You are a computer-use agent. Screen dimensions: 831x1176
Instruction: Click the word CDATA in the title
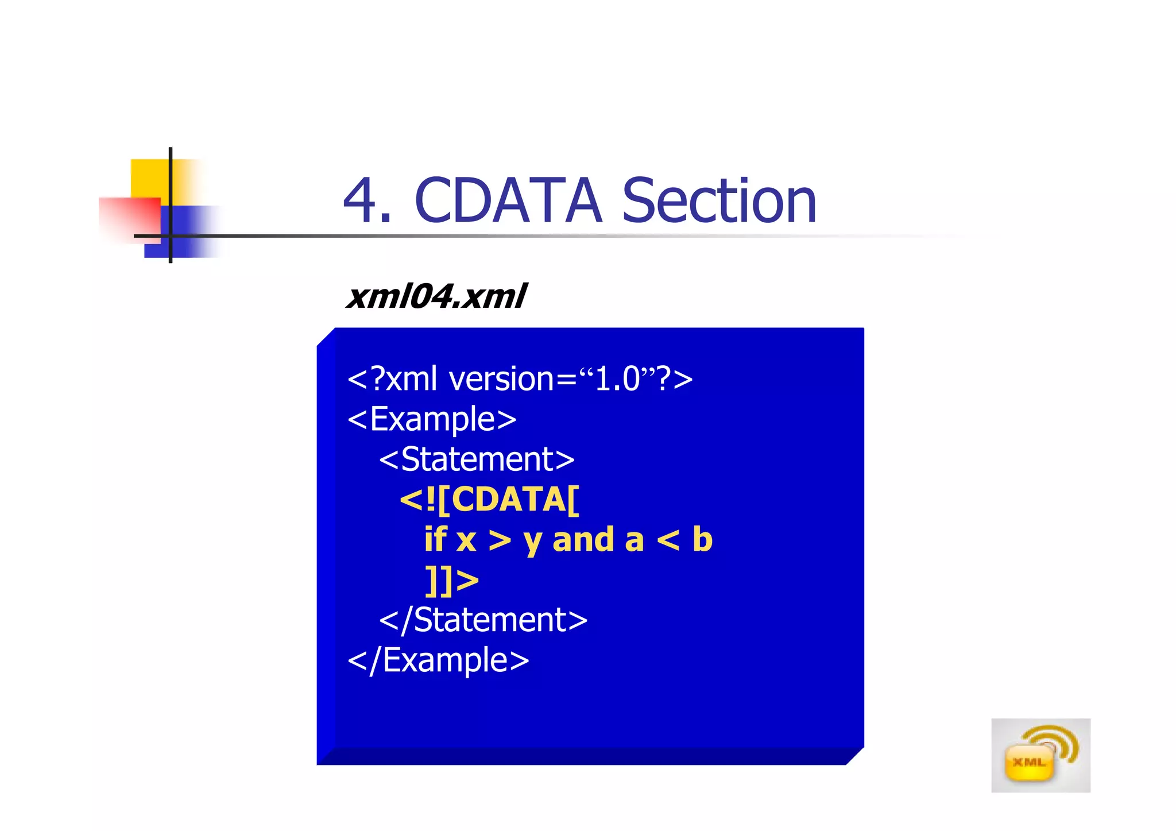point(508,201)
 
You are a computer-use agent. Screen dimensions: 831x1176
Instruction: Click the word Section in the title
point(719,201)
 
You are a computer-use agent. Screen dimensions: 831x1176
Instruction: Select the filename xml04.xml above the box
point(436,296)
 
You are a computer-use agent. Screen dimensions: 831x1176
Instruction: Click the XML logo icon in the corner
point(1040,755)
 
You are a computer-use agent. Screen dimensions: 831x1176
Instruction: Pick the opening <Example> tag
point(432,419)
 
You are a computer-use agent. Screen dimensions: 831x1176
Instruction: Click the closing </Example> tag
point(438,660)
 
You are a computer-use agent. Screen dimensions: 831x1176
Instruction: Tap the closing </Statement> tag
point(483,620)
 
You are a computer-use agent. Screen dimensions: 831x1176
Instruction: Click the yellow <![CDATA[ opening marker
point(490,500)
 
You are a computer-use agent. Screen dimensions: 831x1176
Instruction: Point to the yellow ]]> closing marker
point(452,580)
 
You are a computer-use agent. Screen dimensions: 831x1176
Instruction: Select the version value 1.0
point(617,379)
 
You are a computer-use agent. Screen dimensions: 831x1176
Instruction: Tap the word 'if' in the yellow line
point(435,540)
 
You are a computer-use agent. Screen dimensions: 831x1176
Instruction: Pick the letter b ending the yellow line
point(702,540)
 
